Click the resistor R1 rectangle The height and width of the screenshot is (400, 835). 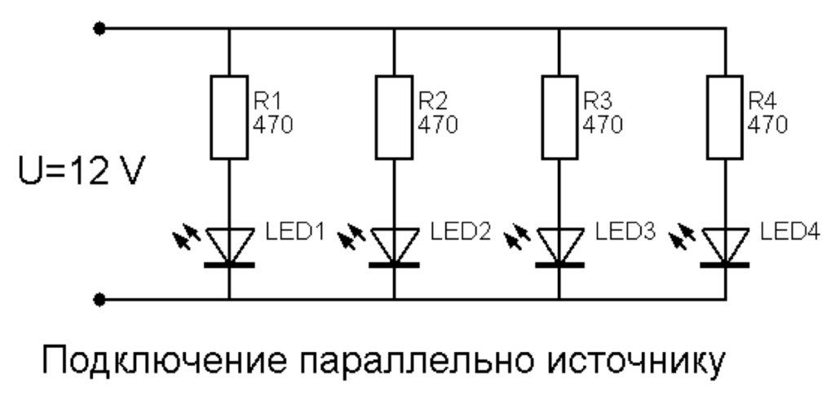[x=229, y=117]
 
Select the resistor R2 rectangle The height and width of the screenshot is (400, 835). [x=395, y=117]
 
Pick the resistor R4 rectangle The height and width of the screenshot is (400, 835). [x=725, y=117]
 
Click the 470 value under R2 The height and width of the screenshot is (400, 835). [x=437, y=125]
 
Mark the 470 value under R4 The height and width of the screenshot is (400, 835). [x=767, y=125]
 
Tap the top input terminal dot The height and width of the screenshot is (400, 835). [x=99, y=29]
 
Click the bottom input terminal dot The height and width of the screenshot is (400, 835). [x=99, y=300]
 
